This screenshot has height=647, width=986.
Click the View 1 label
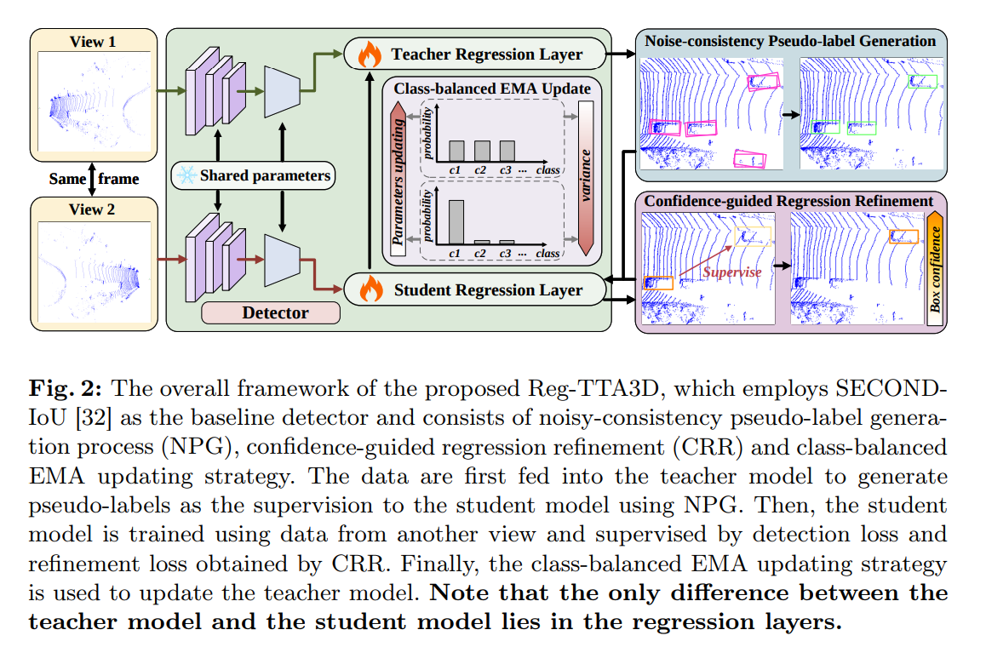pos(93,42)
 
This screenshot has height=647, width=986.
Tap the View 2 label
pos(92,209)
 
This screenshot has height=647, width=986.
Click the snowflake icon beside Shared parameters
pos(186,175)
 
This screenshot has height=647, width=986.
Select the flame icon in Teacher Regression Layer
pos(370,54)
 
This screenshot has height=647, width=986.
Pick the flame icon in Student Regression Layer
pos(371,289)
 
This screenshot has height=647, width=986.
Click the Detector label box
pos(271,312)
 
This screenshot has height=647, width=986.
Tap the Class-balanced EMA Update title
pos(492,89)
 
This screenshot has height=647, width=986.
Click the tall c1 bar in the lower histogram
pos(456,222)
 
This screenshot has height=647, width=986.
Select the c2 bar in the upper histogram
pos(482,151)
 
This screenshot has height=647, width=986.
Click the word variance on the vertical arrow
pos(586,175)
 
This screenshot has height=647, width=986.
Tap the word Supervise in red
pos(732,272)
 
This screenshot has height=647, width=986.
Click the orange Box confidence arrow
pos(935,269)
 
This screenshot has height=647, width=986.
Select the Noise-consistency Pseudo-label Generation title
pos(790,41)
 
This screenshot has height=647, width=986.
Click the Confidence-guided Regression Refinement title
pos(788,201)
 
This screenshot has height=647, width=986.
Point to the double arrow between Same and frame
pos(92,179)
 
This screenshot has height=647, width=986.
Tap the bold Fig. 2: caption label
pos(65,389)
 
